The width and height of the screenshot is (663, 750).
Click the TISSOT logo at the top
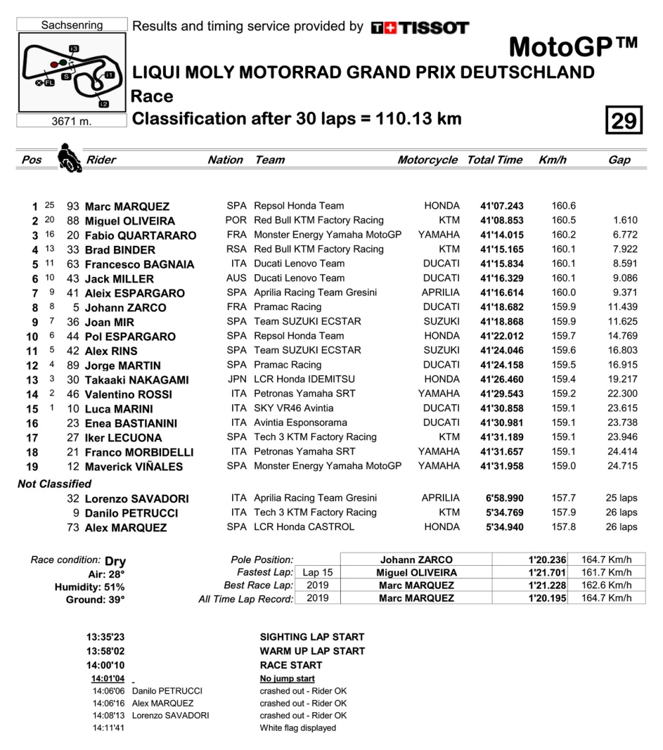pos(420,27)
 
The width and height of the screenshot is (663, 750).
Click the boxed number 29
pos(623,121)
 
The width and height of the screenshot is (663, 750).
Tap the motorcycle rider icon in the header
pos(69,158)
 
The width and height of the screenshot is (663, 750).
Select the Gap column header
pos(619,160)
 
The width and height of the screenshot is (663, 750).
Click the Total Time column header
pos(495,160)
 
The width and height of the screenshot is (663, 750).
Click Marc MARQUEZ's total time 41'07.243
pos(502,206)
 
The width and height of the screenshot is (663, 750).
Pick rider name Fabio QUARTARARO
pos(141,235)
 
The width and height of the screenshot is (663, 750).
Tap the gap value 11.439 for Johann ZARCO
pos(622,307)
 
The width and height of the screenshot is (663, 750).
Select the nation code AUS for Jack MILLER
pos(236,278)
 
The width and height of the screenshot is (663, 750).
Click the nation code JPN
pos(236,380)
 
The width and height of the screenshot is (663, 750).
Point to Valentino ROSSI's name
pos(129,394)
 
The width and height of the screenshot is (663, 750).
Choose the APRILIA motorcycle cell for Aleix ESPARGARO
pos(440,293)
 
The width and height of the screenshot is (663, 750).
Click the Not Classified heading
pos(54,484)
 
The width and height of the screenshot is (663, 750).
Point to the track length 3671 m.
pos(72,121)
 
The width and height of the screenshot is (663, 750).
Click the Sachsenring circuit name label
pos(72,25)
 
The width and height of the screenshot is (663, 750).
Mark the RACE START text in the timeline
pos(290,665)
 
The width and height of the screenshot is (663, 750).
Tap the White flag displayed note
pos(298,727)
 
